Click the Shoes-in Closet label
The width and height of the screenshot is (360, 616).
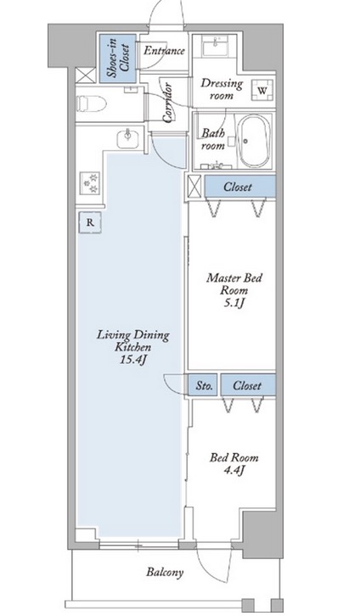click(x=118, y=58)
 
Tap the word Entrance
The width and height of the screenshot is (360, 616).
click(x=164, y=51)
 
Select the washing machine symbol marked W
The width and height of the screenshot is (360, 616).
click(x=262, y=90)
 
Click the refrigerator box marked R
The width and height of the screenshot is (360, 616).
click(x=90, y=223)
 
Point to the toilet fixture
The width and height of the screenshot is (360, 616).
click(x=91, y=104)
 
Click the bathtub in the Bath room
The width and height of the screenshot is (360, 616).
click(x=256, y=141)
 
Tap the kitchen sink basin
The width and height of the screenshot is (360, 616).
click(x=127, y=138)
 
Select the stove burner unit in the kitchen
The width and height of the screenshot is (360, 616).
click(x=90, y=182)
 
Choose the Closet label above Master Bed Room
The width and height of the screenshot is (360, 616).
click(x=238, y=187)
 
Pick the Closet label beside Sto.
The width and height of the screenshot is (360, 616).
click(x=247, y=385)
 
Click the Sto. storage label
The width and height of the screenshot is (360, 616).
click(x=205, y=386)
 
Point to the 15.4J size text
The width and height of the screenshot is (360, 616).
click(x=133, y=360)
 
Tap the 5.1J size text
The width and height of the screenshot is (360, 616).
click(x=234, y=303)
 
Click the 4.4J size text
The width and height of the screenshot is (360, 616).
click(x=234, y=469)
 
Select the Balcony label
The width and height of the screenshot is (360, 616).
click(x=165, y=572)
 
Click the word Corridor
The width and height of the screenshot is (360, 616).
click(x=167, y=102)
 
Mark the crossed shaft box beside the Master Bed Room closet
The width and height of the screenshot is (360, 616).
click(x=194, y=186)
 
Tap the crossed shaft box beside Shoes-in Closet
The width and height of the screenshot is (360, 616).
click(x=85, y=75)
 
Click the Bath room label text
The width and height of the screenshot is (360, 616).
click(x=213, y=139)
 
